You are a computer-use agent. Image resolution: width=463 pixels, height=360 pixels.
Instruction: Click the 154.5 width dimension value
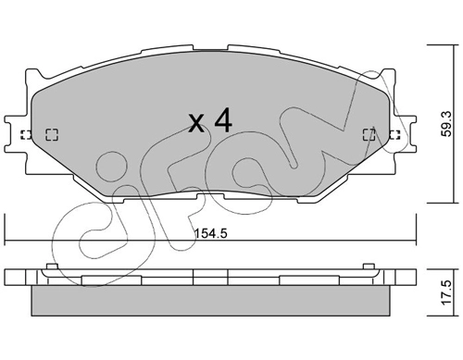[211, 233]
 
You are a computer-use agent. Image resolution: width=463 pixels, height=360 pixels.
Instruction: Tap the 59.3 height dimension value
[446, 124]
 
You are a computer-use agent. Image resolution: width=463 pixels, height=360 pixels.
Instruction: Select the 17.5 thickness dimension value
[446, 292]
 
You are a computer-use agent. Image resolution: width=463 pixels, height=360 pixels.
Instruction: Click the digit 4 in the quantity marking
[223, 120]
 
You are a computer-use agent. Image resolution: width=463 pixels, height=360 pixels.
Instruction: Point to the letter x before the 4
[196, 123]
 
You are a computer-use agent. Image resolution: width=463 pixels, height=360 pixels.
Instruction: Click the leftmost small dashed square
[26, 134]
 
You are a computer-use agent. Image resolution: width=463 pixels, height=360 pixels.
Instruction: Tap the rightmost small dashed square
[394, 134]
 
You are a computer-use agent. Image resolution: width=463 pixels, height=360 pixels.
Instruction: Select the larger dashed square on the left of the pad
[52, 134]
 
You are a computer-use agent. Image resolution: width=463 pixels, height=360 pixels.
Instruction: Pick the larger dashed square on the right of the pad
[369, 134]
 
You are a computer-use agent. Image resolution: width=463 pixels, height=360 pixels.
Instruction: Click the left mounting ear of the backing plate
[16, 134]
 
